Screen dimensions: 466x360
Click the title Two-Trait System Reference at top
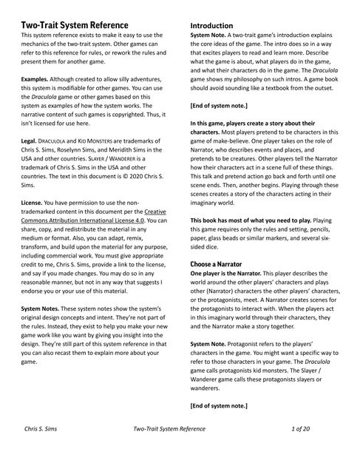click(x=81, y=26)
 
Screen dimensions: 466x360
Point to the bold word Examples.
click(x=38, y=78)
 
